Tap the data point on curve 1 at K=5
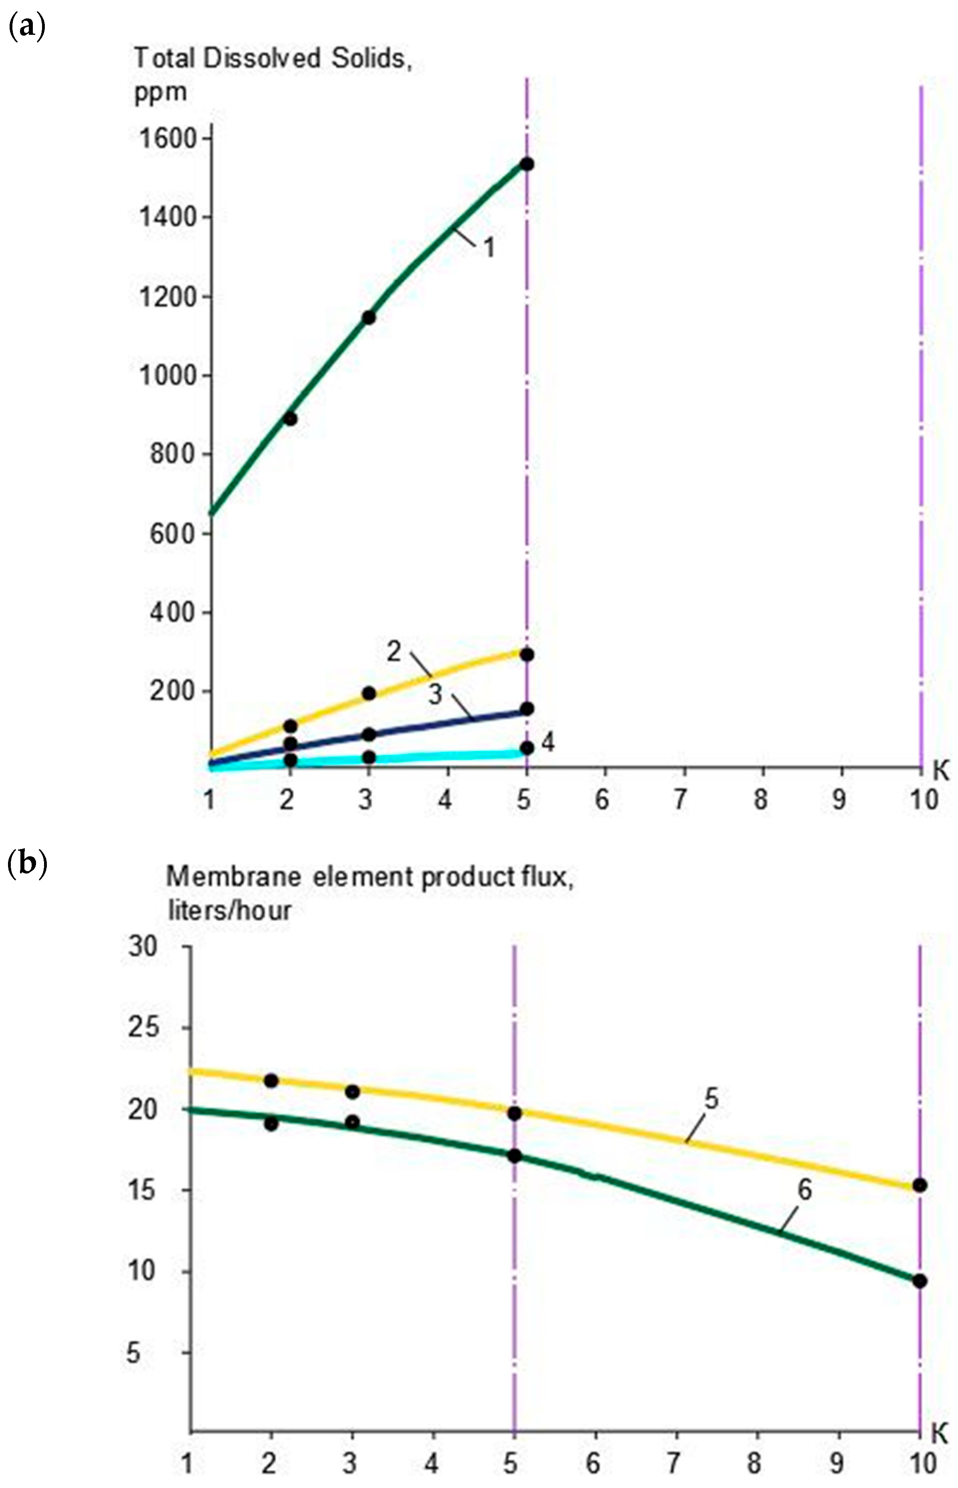pyautogui.click(x=527, y=164)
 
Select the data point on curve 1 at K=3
pyautogui.click(x=368, y=318)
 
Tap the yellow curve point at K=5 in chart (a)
pyautogui.click(x=527, y=655)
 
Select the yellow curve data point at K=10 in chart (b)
pyautogui.click(x=920, y=1186)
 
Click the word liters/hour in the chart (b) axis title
pyautogui.click(x=229, y=911)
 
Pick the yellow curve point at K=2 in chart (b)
pyautogui.click(x=271, y=1080)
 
